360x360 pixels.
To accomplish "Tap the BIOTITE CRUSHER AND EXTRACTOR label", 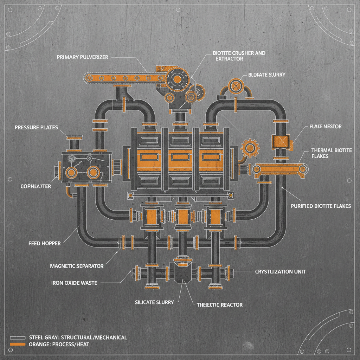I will [x=239, y=56].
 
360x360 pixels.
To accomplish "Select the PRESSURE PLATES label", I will [x=37, y=127].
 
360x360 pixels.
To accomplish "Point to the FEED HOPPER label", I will [x=45, y=243].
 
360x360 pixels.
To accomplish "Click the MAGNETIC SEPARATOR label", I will [x=77, y=266].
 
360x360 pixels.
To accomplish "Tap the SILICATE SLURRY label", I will [x=154, y=302].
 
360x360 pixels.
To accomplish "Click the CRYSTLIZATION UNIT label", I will [x=280, y=272].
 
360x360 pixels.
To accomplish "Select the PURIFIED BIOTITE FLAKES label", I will [x=321, y=206].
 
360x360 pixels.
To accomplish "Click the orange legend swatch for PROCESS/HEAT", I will [x=18, y=344].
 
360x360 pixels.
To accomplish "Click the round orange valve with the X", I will [x=236, y=85].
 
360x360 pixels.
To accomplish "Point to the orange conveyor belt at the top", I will [x=120, y=78].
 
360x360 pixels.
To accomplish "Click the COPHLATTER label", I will [x=36, y=186].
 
